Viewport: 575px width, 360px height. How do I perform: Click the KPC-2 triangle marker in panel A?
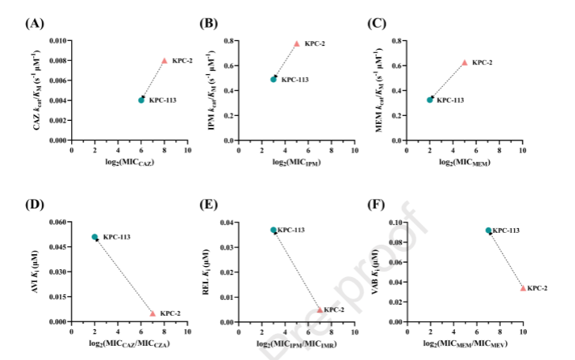coord(164,61)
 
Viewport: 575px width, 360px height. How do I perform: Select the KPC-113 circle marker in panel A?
coord(141,100)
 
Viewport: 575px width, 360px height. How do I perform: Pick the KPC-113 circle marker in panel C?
coord(430,99)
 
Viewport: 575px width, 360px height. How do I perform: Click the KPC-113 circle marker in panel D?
coord(95,237)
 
